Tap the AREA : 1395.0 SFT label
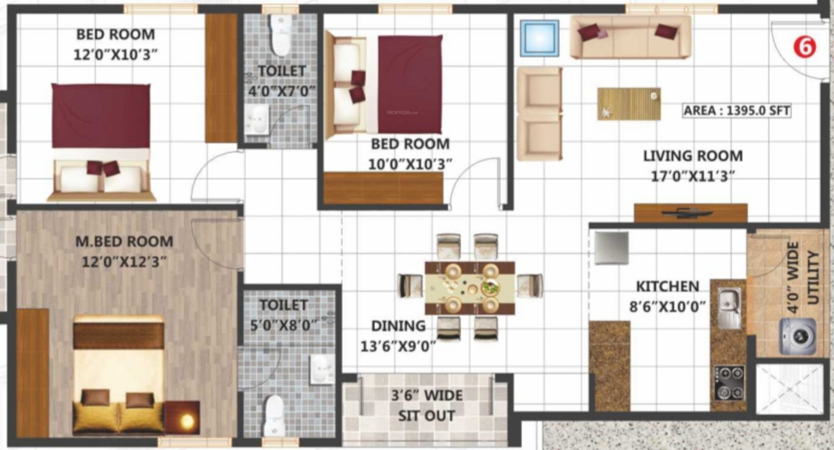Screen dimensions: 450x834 737,111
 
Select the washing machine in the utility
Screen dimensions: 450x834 797,336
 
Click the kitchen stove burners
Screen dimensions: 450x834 729,382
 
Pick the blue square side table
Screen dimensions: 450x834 539,38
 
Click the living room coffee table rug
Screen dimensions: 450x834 629,104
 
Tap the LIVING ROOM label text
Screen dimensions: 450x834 692,156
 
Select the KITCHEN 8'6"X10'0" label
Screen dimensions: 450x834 667,296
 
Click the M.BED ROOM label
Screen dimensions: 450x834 124,241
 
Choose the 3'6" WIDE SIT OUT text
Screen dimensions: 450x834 427,405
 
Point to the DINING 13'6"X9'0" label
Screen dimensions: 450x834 398,335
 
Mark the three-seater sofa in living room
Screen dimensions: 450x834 630,37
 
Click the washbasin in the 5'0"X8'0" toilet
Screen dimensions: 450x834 323,369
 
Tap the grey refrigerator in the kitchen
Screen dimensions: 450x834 611,247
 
